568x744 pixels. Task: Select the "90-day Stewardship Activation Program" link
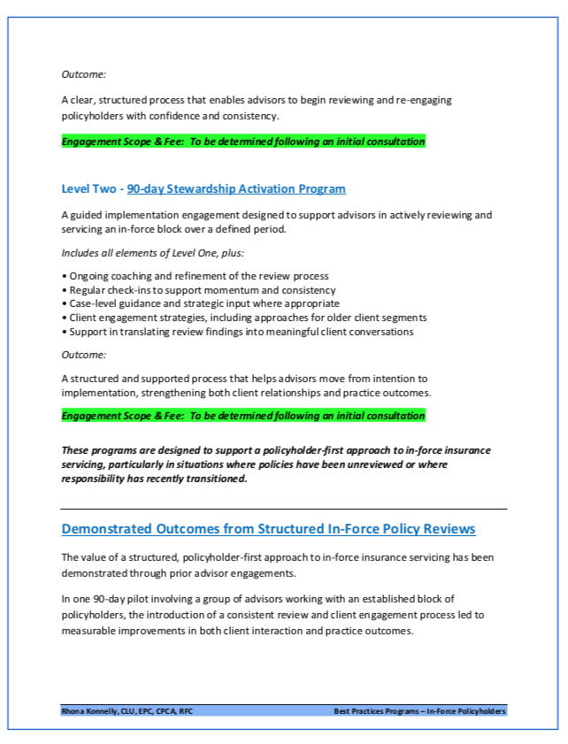tap(236, 188)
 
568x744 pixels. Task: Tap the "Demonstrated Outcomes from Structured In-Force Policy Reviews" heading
tap(268, 529)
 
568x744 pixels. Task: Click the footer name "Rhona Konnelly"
tap(89, 710)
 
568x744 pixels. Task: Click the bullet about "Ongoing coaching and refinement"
tap(195, 276)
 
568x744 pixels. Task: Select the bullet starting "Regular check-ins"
tap(198, 290)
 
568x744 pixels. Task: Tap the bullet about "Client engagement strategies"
tap(244, 318)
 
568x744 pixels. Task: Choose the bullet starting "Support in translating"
tap(238, 332)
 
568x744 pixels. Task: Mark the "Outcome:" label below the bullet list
tap(84, 355)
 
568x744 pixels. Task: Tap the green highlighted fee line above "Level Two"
tap(243, 142)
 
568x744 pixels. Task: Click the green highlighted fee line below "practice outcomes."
tap(243, 415)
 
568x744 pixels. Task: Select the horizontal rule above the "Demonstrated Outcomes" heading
tap(284, 509)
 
